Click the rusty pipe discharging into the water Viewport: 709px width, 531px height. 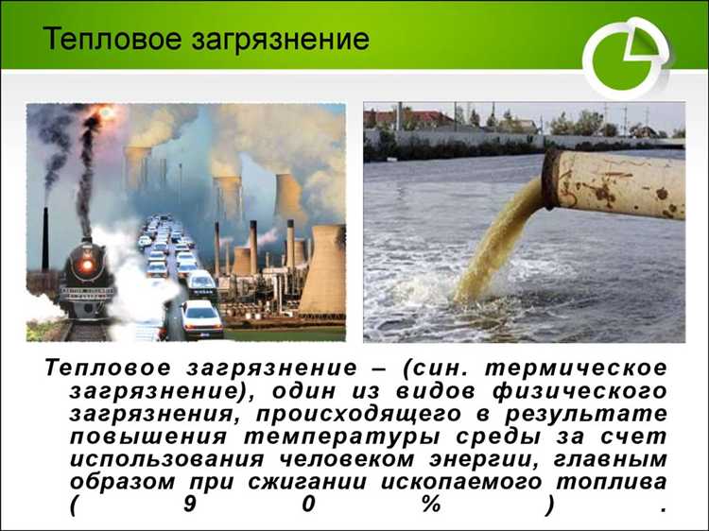coord(614,184)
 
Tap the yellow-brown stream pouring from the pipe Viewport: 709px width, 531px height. coord(492,246)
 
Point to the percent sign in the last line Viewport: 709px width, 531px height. coord(431,505)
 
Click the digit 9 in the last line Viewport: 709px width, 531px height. coord(190,505)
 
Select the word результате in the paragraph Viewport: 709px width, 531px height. coord(593,414)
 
